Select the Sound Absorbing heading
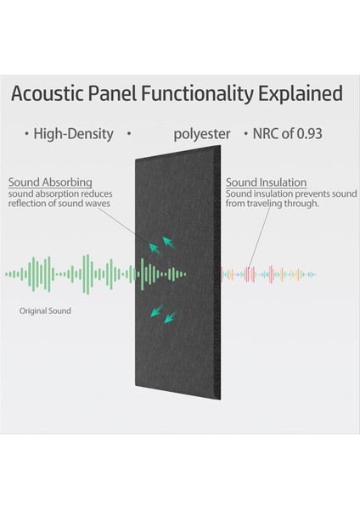[49, 182]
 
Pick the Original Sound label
[45, 311]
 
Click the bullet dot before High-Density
[26, 134]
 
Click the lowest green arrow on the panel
[169, 317]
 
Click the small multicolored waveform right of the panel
[267, 274]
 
